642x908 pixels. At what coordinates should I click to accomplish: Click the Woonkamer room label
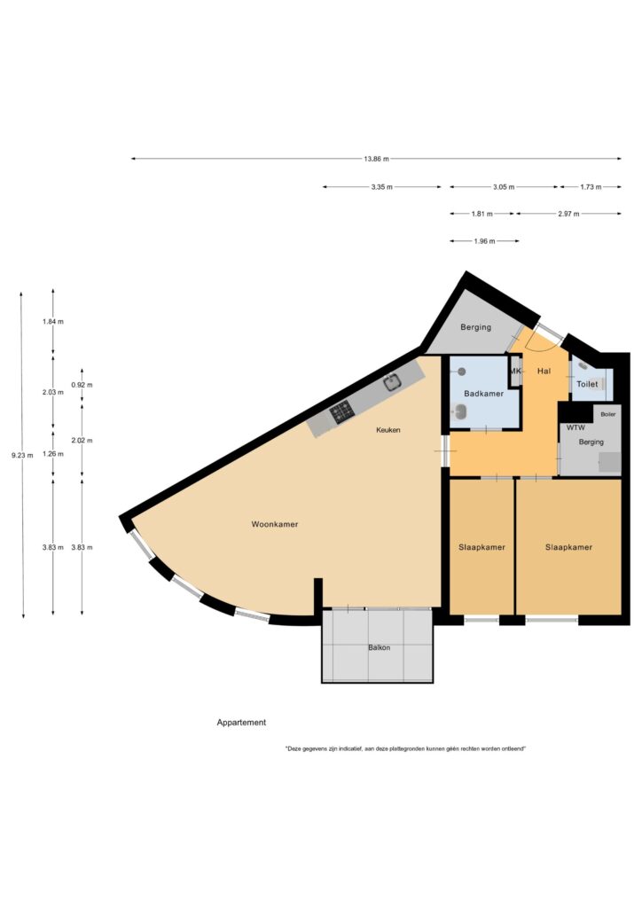pyautogui.click(x=274, y=524)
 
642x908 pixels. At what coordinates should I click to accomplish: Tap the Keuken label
pyautogui.click(x=388, y=430)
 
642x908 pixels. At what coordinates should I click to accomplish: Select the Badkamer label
pyautogui.click(x=483, y=394)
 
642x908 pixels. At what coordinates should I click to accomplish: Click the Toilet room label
pyautogui.click(x=587, y=384)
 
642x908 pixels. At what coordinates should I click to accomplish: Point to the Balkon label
pyautogui.click(x=380, y=647)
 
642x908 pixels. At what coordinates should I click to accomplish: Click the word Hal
pyautogui.click(x=544, y=372)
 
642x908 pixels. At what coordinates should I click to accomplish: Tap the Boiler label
pyautogui.click(x=607, y=414)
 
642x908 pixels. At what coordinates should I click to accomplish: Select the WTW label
pyautogui.click(x=575, y=428)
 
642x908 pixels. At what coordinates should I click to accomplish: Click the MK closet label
pyautogui.click(x=515, y=372)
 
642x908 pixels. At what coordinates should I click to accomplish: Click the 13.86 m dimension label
pyautogui.click(x=376, y=159)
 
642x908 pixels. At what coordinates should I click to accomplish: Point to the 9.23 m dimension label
pyautogui.click(x=22, y=455)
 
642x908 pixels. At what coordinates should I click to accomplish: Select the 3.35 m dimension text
pyautogui.click(x=381, y=187)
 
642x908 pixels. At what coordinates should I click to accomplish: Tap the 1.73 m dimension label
pyautogui.click(x=591, y=187)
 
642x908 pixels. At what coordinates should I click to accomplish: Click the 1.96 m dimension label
pyautogui.click(x=484, y=241)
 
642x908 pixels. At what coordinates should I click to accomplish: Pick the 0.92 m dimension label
pyautogui.click(x=82, y=385)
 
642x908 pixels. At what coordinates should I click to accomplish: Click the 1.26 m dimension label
pyautogui.click(x=52, y=454)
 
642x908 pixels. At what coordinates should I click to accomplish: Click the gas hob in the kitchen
pyautogui.click(x=341, y=411)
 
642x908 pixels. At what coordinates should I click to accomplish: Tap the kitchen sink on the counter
pyautogui.click(x=393, y=381)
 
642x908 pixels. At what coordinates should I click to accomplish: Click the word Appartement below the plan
pyautogui.click(x=241, y=723)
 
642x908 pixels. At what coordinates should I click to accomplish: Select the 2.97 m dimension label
pyautogui.click(x=568, y=214)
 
